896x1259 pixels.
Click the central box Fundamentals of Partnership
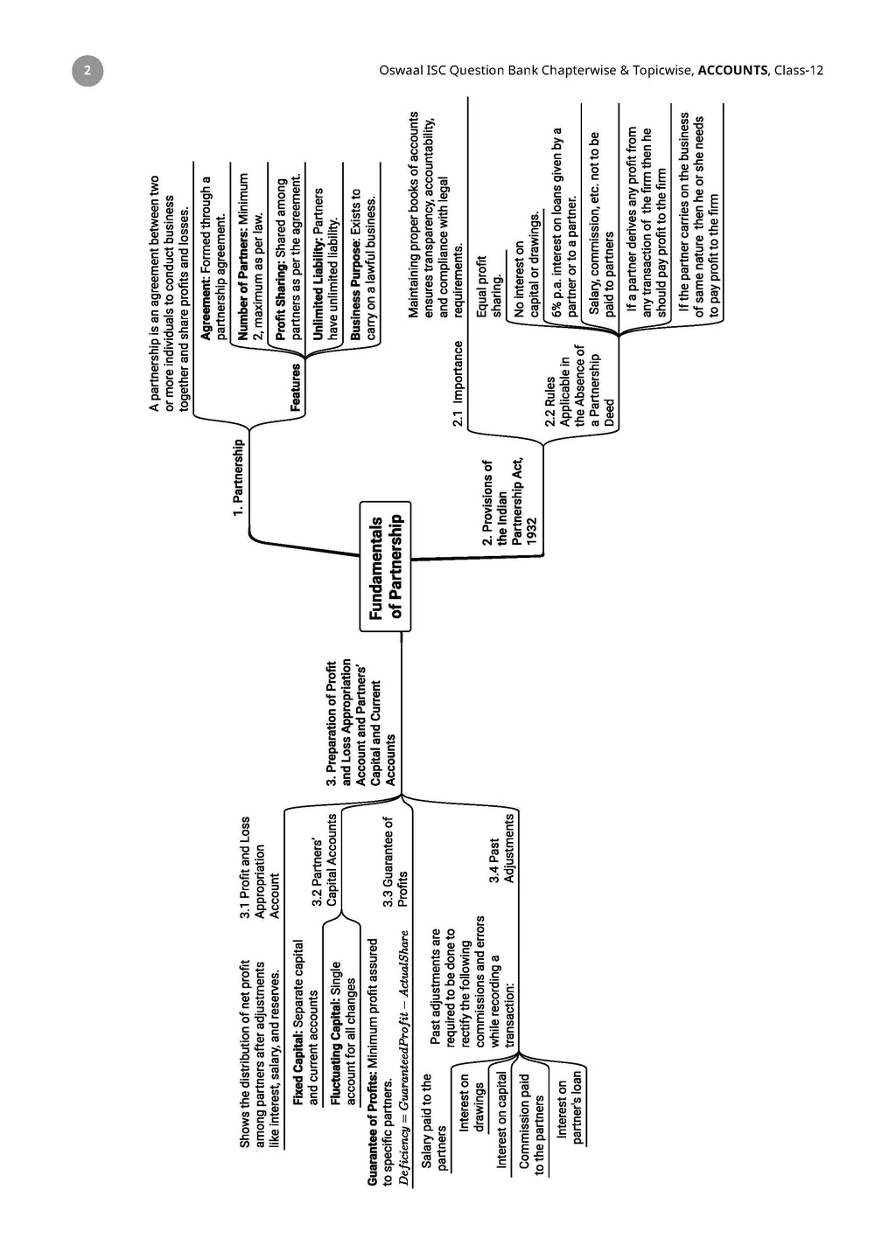point(385,567)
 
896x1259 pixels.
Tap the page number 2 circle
point(87,71)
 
